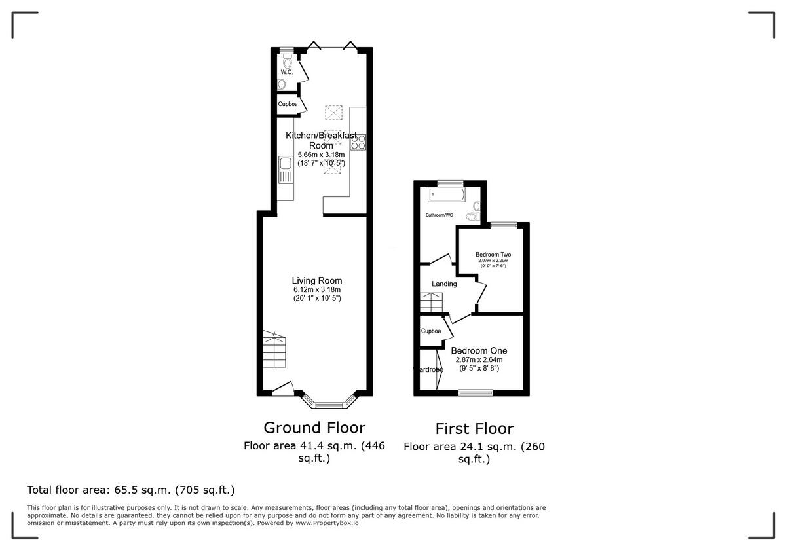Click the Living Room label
(x=317, y=280)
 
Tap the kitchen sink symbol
(x=286, y=172)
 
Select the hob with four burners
(x=358, y=142)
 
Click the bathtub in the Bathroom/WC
(x=446, y=195)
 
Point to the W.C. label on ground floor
(x=286, y=72)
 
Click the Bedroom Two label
(x=493, y=255)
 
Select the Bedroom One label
(x=479, y=351)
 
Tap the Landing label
(x=444, y=284)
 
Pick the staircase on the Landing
(x=432, y=303)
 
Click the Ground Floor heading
(x=314, y=428)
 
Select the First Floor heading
(x=474, y=430)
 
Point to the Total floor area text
(x=130, y=490)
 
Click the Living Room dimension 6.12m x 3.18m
(x=317, y=289)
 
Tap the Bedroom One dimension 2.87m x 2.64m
(x=479, y=360)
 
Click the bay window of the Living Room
(x=329, y=401)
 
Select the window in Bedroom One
(x=476, y=393)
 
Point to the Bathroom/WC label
(x=440, y=215)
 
